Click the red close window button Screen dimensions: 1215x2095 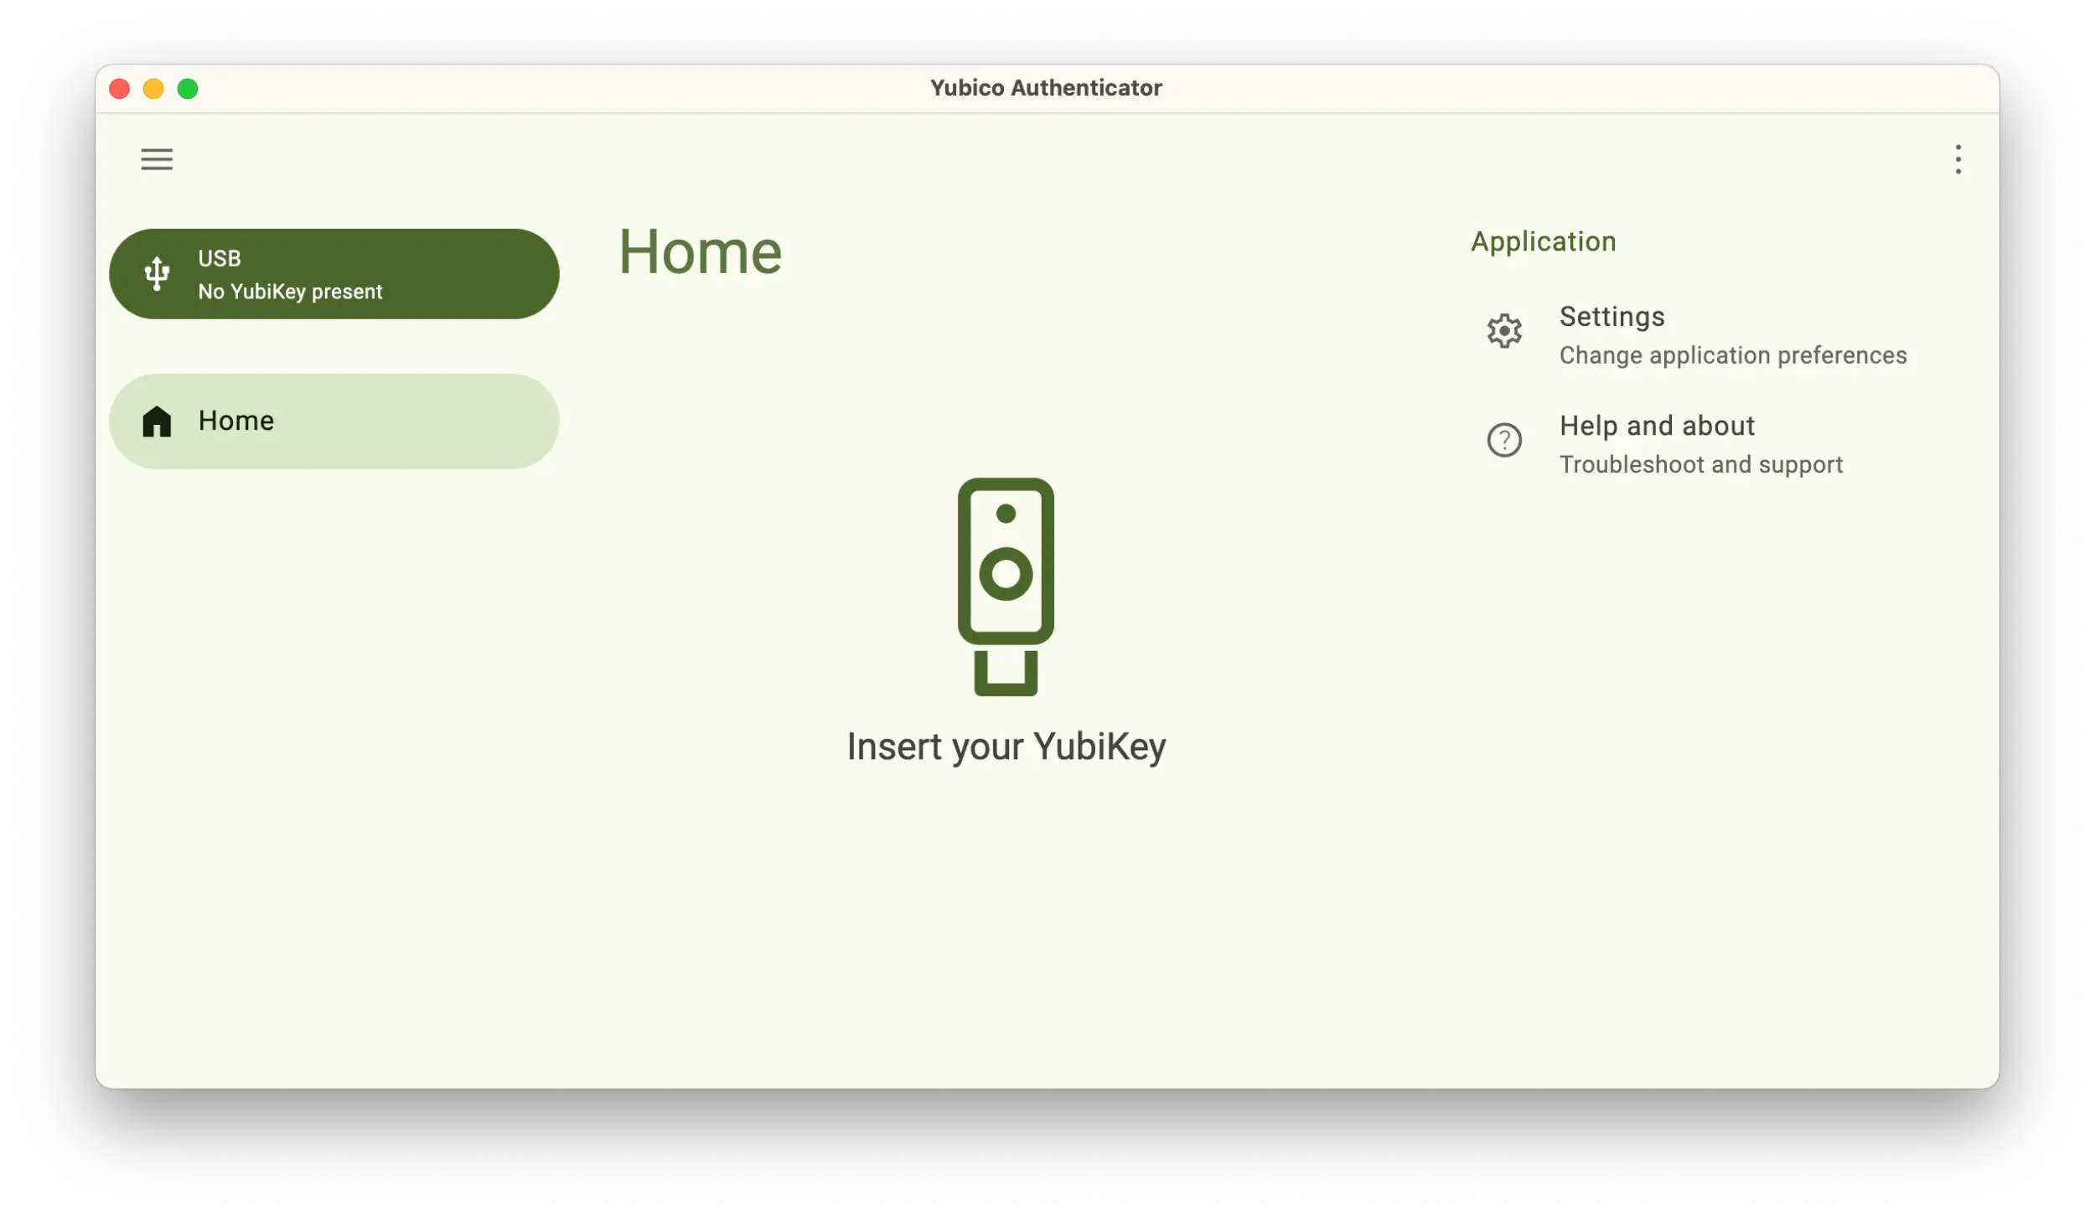120,89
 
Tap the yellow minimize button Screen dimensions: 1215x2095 153,89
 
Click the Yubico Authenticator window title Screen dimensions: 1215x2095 1046,88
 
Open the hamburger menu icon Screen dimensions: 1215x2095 157,159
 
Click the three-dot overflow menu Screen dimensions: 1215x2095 1958,159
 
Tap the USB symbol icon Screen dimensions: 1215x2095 157,274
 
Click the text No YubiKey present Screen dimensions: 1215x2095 290,292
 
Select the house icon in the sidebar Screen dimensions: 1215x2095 157,421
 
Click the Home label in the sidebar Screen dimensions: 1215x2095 236,421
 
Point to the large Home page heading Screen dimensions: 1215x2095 700,252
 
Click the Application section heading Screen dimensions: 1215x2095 1543,241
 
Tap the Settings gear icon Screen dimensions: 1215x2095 1504,332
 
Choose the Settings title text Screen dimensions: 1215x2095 1611,317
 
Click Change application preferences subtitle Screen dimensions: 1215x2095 1732,355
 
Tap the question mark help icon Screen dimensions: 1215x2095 1504,440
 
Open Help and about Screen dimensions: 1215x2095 1657,426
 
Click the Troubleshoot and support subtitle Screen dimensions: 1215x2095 1700,464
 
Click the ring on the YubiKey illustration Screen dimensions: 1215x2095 1006,574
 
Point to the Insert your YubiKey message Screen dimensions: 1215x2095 1006,747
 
